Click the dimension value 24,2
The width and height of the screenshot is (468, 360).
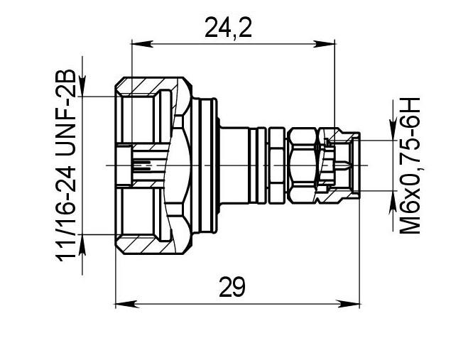[229, 28]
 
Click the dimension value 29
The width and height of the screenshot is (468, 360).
[232, 287]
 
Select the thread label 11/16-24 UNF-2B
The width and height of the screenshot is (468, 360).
[66, 165]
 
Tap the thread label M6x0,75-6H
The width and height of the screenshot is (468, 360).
[410, 165]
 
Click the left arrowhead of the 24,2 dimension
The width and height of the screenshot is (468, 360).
[142, 44]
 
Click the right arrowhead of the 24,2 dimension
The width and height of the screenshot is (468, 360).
[325, 44]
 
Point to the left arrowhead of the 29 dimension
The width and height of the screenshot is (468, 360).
[126, 305]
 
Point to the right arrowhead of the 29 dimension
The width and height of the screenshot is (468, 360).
[349, 305]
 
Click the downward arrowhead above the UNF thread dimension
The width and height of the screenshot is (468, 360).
[82, 86]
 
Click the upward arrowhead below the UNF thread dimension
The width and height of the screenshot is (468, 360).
[82, 245]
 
